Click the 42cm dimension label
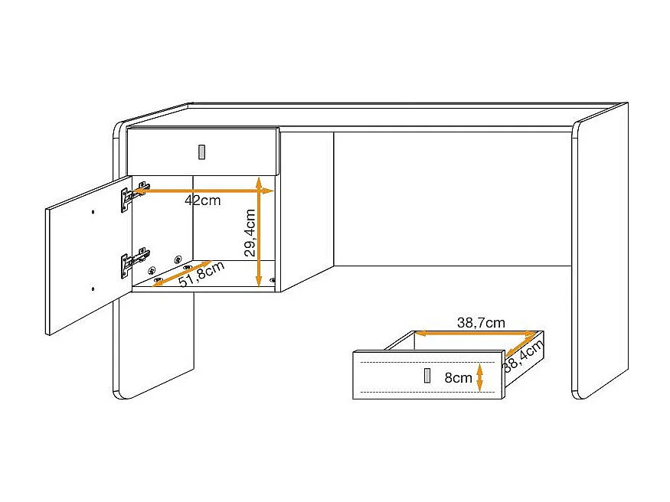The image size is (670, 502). click(x=202, y=201)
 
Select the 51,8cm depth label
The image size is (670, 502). click(x=201, y=275)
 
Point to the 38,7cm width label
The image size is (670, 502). click(x=481, y=323)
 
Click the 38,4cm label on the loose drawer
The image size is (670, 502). click(x=523, y=357)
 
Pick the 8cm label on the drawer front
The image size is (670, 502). click(x=458, y=377)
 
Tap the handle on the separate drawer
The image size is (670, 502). click(x=427, y=376)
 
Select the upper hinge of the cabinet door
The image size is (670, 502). click(x=130, y=195)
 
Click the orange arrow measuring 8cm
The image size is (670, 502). click(x=479, y=376)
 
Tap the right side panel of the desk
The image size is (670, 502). click(x=600, y=253)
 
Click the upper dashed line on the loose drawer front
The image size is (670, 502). click(x=429, y=360)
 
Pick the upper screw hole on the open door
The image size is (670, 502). click(x=93, y=212)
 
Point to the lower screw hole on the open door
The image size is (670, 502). click(x=93, y=288)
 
